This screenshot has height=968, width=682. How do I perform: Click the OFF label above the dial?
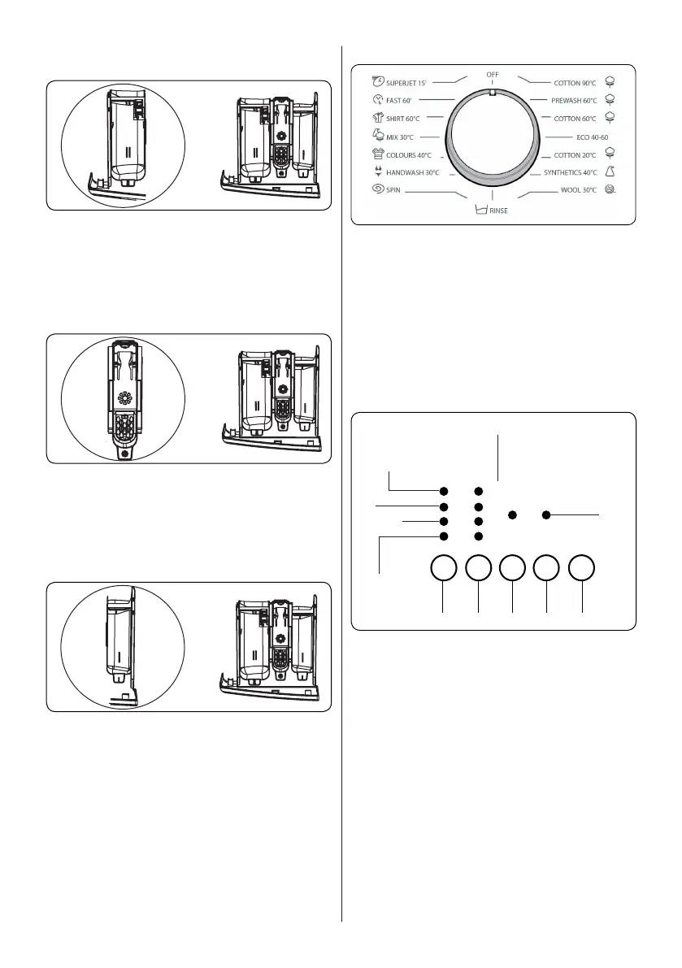[x=493, y=75]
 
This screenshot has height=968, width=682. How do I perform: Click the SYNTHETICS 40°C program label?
[x=570, y=172]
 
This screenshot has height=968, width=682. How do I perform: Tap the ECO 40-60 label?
[x=592, y=137]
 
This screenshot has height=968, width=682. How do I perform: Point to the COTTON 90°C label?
[x=576, y=82]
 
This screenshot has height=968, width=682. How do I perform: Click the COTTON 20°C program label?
[x=576, y=154]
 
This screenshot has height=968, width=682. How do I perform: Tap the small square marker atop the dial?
[x=493, y=92]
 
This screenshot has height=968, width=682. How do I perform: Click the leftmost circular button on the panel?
[x=443, y=569]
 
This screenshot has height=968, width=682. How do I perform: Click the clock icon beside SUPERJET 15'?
[x=377, y=81]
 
